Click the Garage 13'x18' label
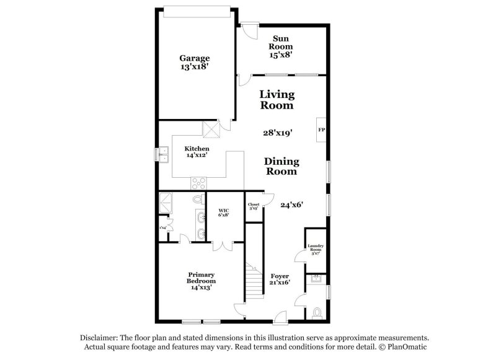195,63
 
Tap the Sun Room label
280,46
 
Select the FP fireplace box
321,130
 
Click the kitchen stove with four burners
199,183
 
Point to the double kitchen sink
164,154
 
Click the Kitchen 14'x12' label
196,152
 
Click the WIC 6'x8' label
224,213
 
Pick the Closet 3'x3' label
254,206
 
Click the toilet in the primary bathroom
198,200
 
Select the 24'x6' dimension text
291,204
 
